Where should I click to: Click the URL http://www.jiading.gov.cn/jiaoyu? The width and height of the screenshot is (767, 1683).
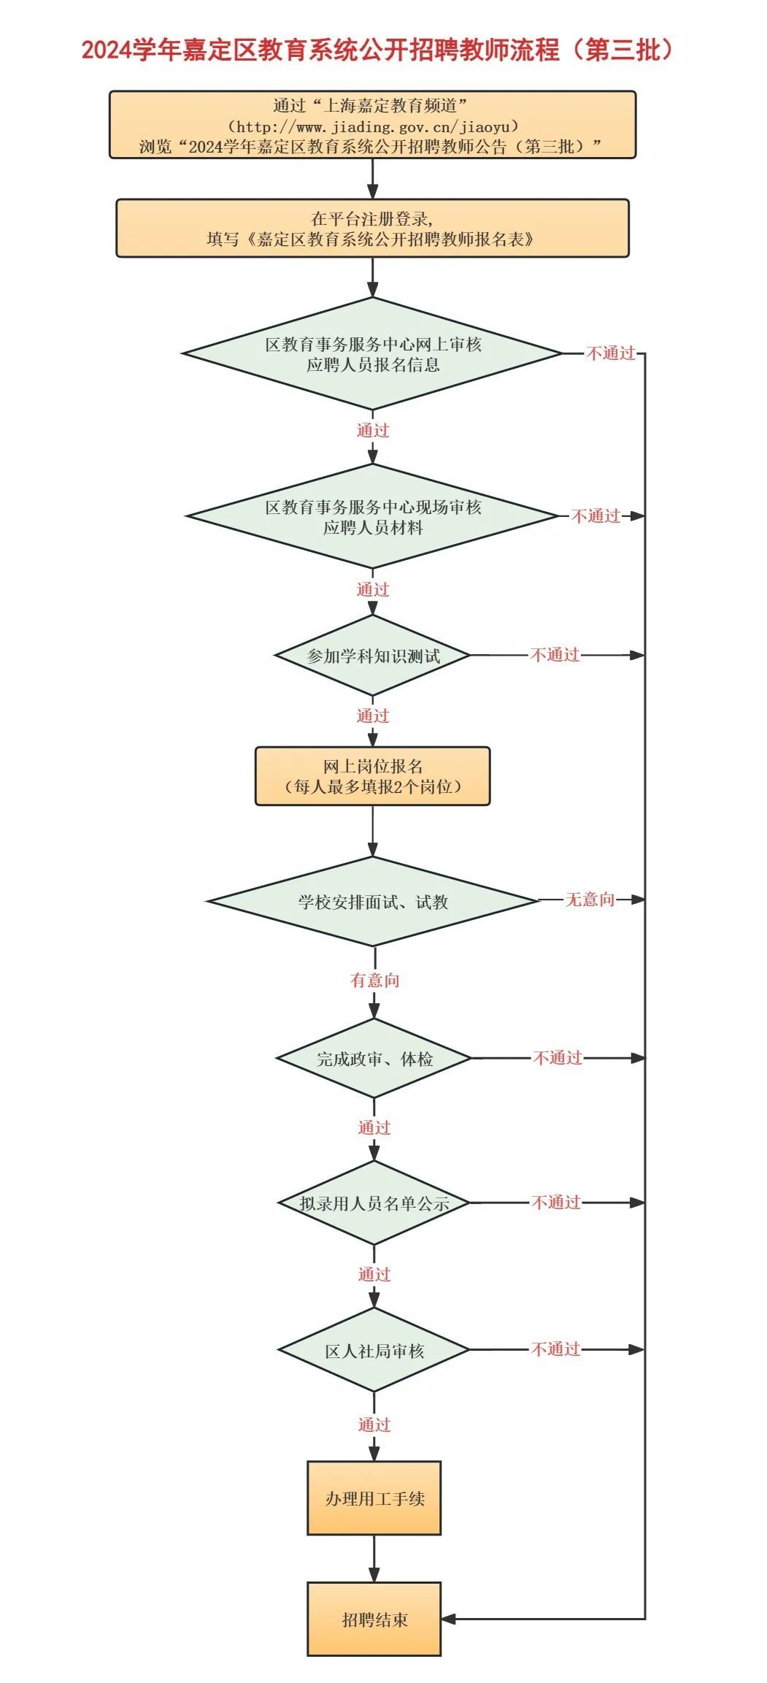[x=373, y=126]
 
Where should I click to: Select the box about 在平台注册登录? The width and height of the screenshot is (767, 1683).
[x=372, y=229]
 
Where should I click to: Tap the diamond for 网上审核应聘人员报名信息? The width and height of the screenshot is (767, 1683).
[x=372, y=354]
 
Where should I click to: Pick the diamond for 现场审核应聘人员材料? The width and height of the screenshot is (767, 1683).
[x=372, y=517]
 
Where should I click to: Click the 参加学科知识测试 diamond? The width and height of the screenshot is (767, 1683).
[x=372, y=656]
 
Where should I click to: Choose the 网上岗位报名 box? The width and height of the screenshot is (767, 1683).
[x=372, y=776]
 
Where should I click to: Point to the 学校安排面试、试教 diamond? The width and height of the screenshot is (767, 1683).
[x=372, y=902]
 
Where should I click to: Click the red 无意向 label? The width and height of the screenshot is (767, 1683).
[x=590, y=900]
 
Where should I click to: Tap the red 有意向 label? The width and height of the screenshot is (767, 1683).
[x=374, y=981]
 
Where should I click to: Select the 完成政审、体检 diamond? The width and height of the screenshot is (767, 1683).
[x=374, y=1058]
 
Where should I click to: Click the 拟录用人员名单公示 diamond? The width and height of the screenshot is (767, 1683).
[x=374, y=1203]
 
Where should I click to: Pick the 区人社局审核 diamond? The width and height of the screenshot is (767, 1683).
[x=374, y=1351]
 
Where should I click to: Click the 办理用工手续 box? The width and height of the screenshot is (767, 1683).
[x=374, y=1498]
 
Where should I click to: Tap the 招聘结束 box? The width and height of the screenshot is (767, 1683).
[x=374, y=1619]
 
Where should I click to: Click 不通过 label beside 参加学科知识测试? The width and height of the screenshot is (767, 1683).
[x=555, y=655]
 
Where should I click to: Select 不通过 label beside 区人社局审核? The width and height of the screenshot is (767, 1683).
[x=555, y=1349]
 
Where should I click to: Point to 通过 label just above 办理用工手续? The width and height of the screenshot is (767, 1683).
[x=374, y=1425]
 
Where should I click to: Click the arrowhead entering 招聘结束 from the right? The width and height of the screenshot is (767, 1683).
[x=449, y=1619]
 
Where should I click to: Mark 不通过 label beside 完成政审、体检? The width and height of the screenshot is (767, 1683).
[x=558, y=1058]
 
